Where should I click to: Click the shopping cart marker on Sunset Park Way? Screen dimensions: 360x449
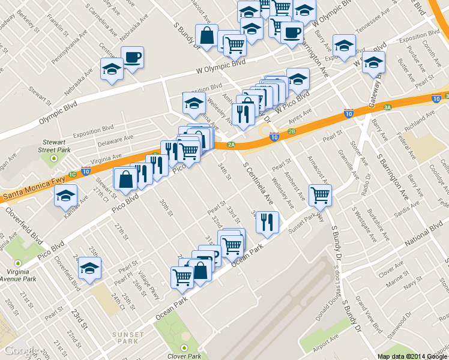tap(320, 194)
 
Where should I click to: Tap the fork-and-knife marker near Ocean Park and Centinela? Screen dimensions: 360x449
tap(267, 221)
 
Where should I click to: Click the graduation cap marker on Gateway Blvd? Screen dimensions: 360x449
tap(373, 64)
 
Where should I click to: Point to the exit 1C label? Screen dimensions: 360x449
tap(72, 175)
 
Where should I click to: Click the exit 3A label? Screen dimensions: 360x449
tap(388, 107)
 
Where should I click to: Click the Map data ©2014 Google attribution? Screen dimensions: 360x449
tap(412, 356)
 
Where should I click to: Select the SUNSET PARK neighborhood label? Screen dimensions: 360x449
tap(128, 338)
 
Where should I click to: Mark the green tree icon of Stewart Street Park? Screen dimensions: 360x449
tap(54, 159)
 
